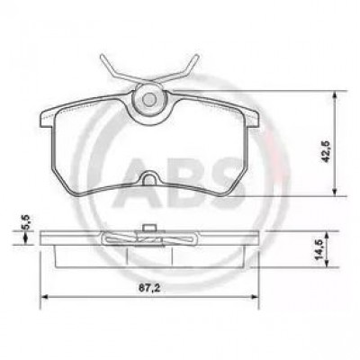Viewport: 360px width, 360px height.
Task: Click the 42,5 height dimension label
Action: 326,151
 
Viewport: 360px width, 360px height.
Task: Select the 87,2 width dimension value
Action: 149,288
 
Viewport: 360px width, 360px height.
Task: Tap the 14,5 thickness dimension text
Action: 318,249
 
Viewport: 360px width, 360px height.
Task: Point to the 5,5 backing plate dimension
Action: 27,222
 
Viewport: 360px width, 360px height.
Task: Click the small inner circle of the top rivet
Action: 148,99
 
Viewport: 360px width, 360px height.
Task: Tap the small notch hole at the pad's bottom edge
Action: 149,179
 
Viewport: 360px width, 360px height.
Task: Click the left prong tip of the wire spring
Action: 103,56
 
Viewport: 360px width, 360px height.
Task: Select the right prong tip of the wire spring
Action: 196,57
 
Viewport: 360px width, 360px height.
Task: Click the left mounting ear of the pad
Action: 48,118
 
